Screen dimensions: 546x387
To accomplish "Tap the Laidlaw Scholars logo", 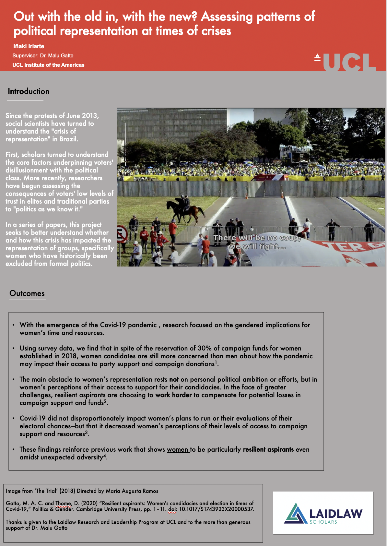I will coord(323,513).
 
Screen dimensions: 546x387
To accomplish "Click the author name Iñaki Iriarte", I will coord(29,46).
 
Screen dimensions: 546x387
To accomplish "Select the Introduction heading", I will coord(29,91).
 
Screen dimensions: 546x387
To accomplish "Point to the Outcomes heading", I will coord(27,293).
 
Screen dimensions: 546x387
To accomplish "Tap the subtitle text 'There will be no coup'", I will coord(257,238).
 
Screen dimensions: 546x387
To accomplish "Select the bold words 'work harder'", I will coord(173,395).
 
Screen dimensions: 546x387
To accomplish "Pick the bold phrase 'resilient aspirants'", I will coord(268,449).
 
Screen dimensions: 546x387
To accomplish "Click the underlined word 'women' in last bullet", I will coord(178,449).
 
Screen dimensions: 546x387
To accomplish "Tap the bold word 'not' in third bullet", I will coord(174,379).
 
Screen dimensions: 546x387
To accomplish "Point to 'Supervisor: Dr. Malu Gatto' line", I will coord(43,56).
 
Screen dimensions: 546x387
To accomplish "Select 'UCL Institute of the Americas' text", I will coord(48,65).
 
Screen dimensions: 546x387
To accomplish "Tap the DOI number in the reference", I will coord(217,509).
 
